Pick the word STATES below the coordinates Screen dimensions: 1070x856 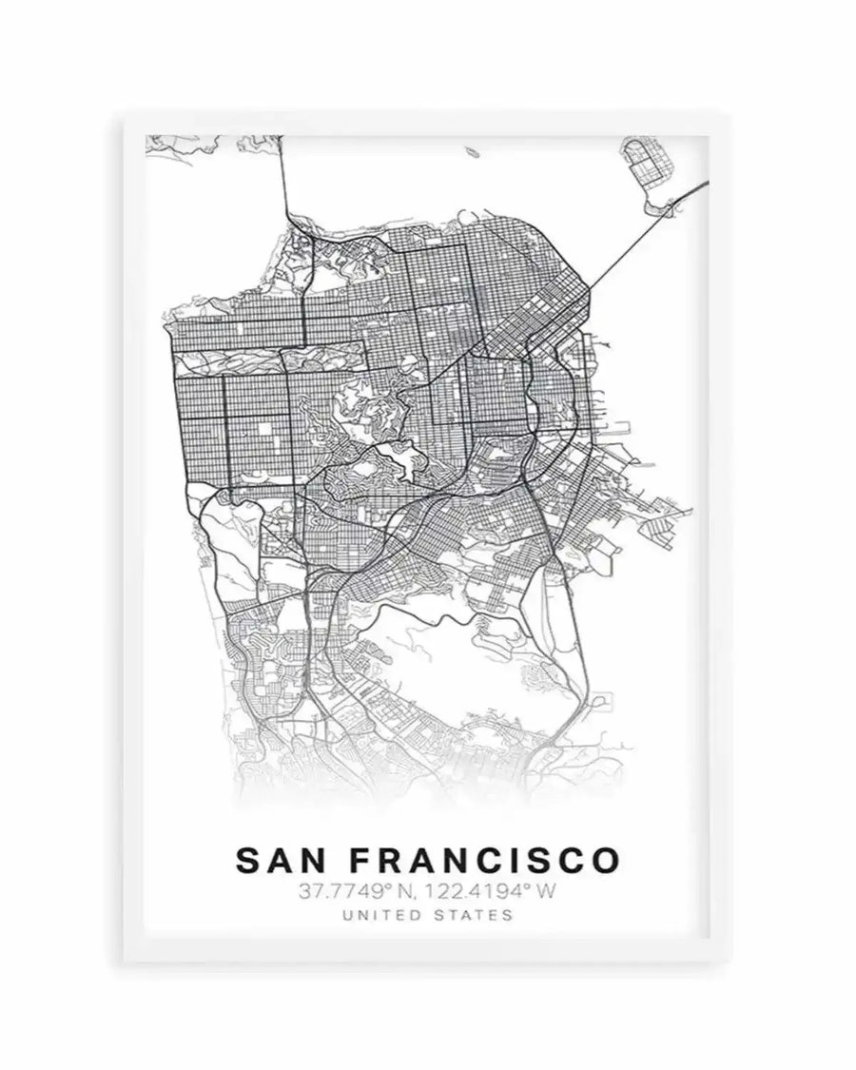475,916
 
